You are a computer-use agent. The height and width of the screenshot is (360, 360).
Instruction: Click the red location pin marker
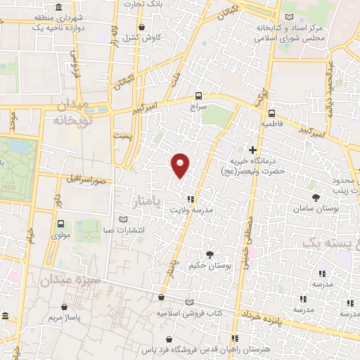[181, 165]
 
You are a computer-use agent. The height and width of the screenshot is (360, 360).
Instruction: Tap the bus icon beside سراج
[199, 96]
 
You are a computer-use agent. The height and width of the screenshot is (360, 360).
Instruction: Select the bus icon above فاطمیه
[271, 112]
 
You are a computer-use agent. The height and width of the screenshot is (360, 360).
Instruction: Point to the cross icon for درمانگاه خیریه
[252, 150]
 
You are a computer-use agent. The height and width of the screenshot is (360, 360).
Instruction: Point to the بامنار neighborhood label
[148, 202]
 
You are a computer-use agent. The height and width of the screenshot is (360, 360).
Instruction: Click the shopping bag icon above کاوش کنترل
[143, 27]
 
